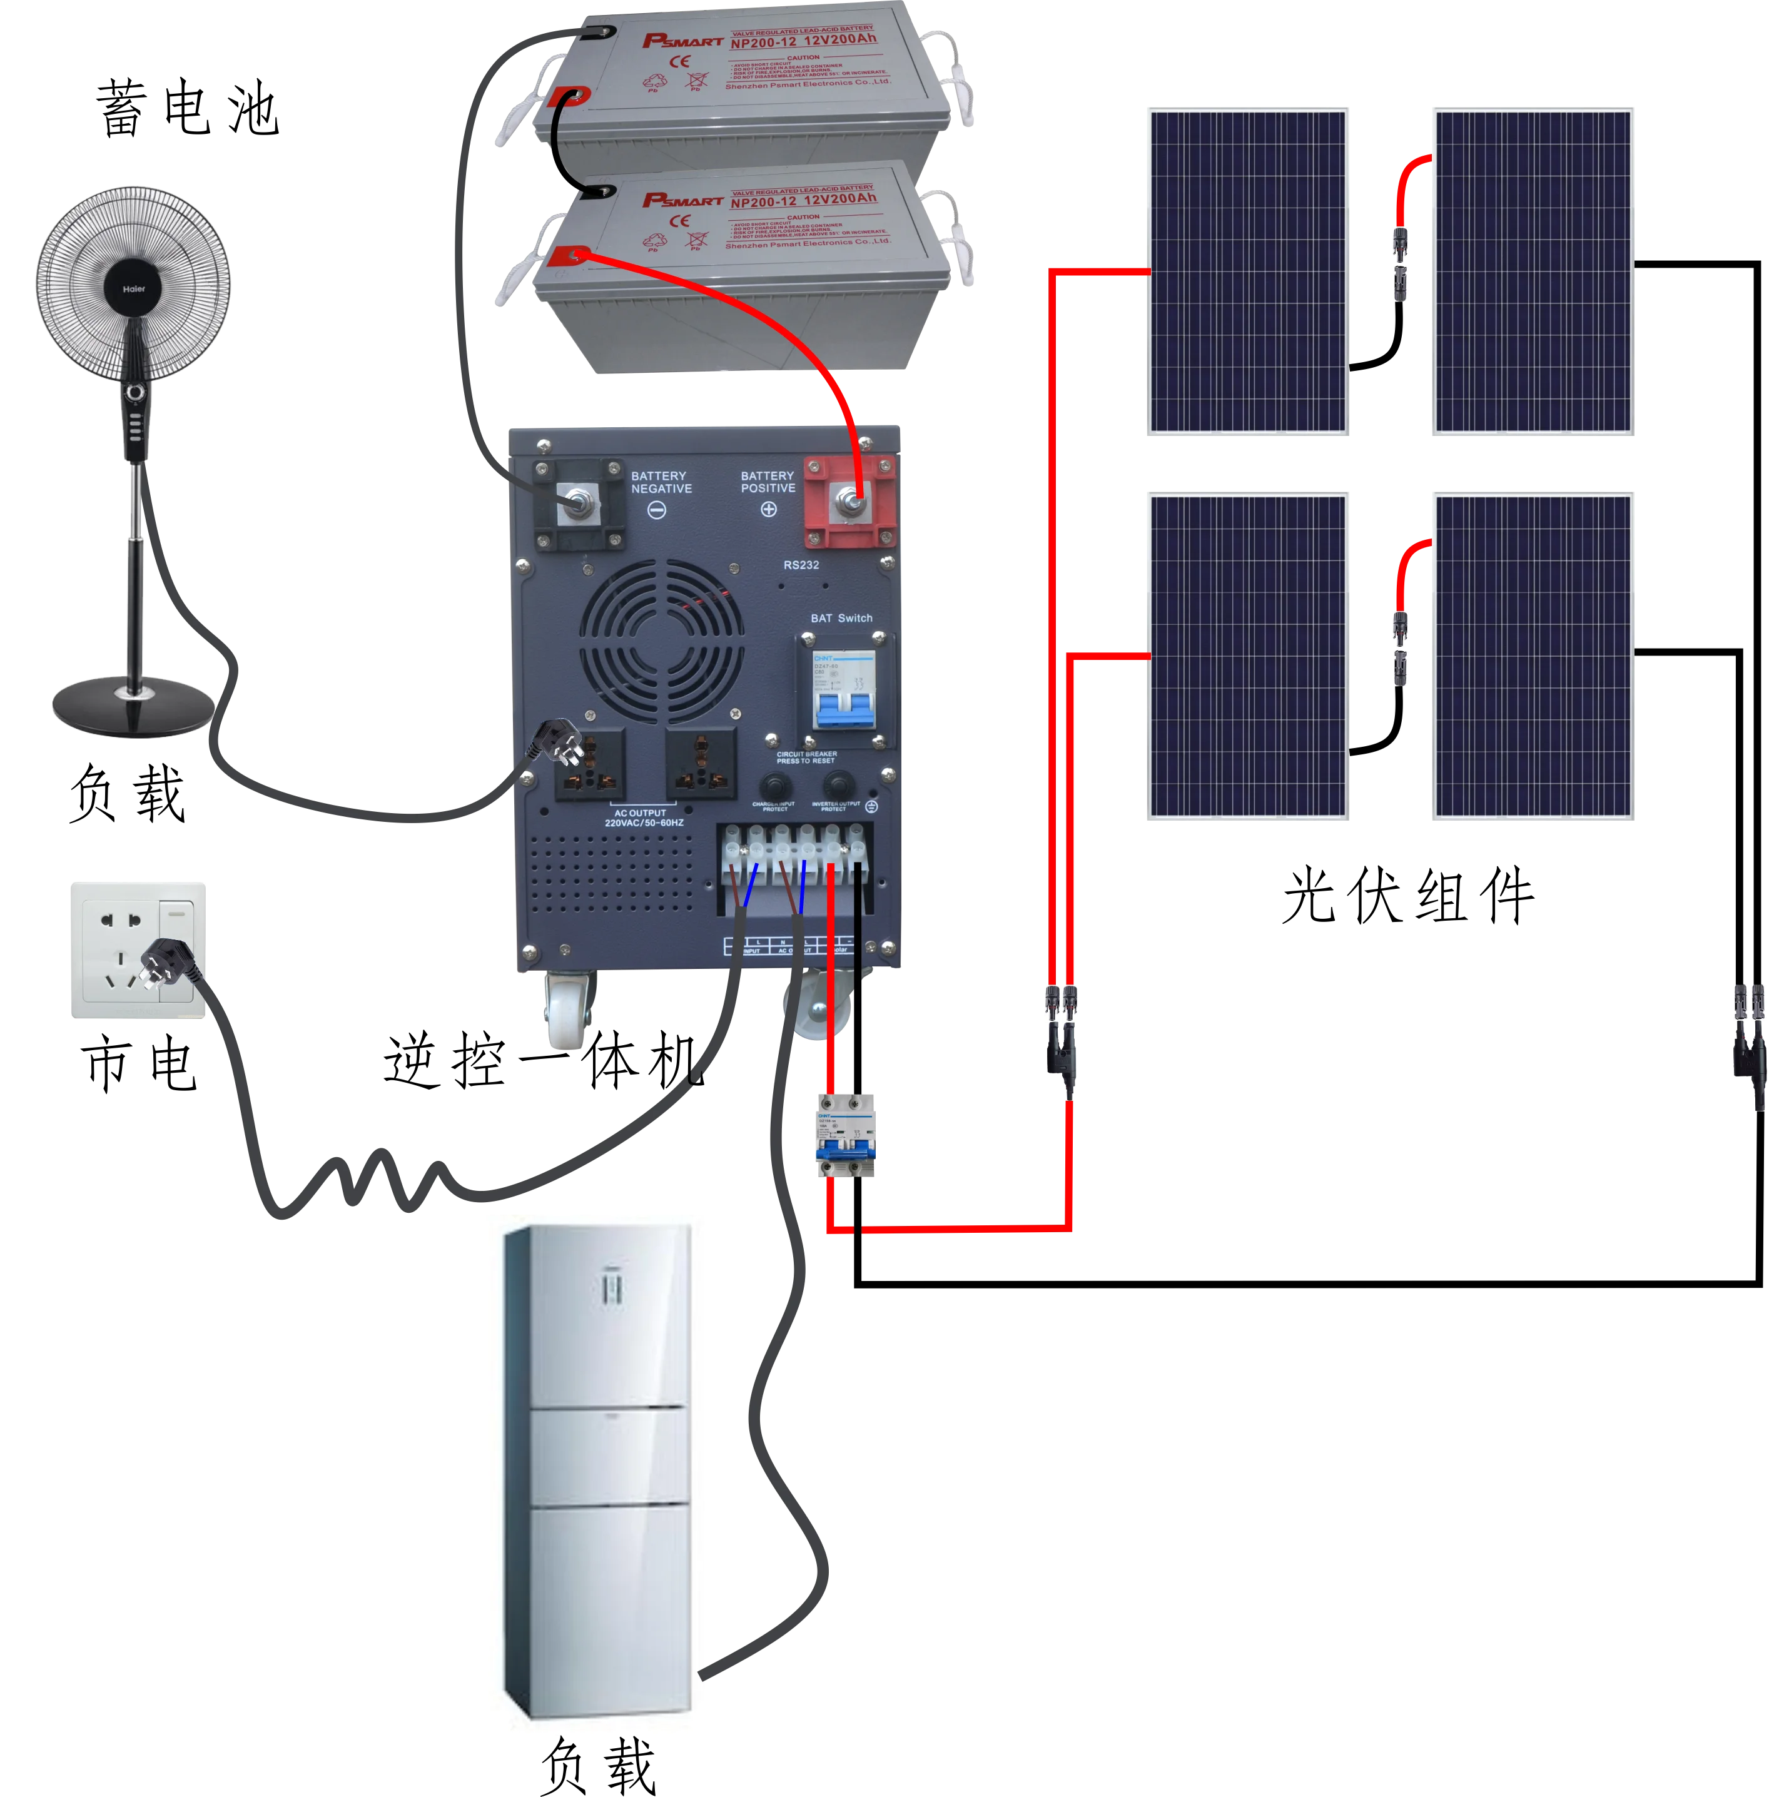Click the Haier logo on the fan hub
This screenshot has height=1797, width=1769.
134,289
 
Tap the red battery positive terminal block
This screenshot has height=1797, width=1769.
849,502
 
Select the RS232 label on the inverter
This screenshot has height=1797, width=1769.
801,565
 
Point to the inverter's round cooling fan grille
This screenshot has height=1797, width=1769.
662,641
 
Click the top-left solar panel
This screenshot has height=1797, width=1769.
1248,271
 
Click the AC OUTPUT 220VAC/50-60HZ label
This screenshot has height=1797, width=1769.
643,818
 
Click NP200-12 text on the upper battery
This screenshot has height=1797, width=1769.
763,43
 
